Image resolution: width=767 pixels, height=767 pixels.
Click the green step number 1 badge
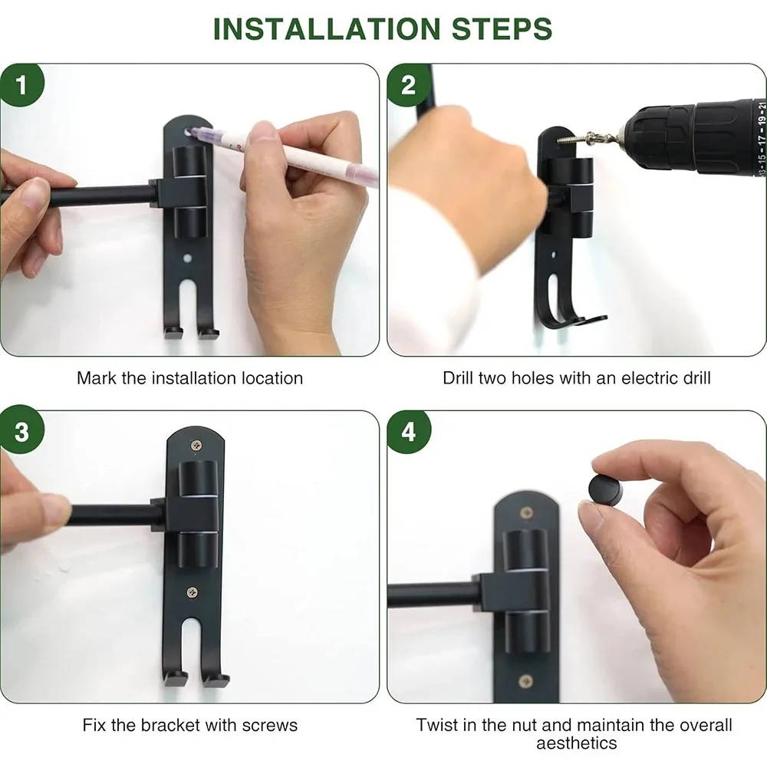point(21,84)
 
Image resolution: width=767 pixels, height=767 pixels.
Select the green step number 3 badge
point(21,432)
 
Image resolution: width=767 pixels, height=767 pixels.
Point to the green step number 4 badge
point(409,432)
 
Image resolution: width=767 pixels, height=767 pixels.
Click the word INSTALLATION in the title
point(327,29)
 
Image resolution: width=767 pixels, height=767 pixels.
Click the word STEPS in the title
point(502,29)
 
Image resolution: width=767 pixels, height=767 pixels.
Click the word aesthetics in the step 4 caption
point(576,743)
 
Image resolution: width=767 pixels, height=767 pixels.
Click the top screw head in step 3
point(196,445)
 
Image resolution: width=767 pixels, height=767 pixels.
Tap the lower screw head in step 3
point(193,592)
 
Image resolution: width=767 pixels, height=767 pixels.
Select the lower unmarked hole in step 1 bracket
point(187,257)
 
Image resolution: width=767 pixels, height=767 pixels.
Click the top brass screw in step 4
point(526,512)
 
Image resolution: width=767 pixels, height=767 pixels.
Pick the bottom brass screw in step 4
point(526,680)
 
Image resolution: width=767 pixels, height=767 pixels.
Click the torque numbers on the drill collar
point(762,138)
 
